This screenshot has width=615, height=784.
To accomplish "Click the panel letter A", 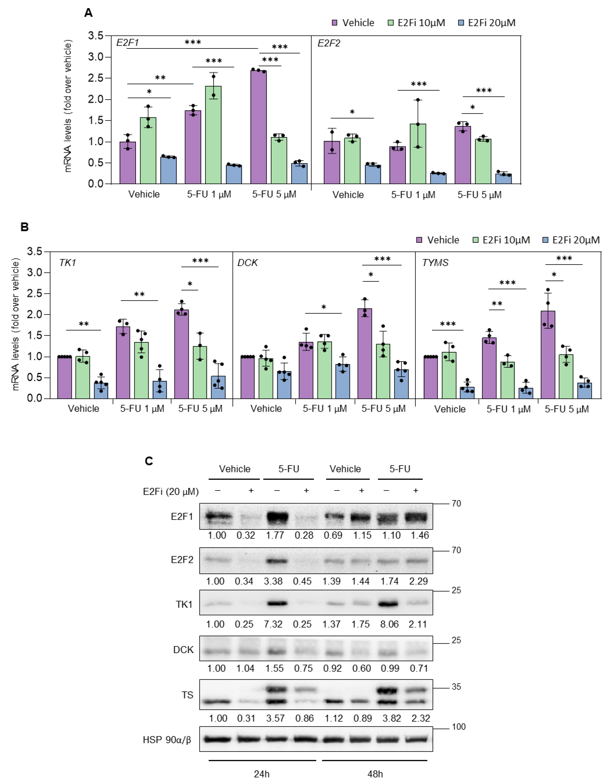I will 88,13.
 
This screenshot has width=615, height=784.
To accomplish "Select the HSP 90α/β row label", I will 167,740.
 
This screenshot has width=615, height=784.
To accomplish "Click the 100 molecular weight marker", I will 459,727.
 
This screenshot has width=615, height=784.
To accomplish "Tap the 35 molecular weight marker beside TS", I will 456,687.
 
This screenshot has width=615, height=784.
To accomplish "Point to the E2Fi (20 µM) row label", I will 171,492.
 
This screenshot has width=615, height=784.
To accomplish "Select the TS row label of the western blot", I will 187,695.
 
